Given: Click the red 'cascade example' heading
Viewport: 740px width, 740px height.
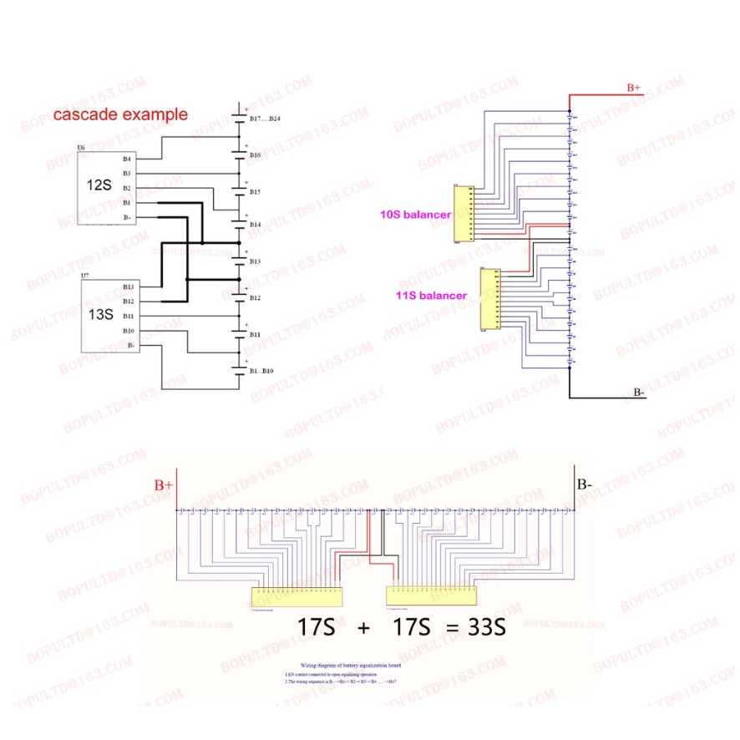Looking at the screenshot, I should [120, 115].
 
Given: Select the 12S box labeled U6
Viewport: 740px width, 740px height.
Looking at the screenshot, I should [104, 188].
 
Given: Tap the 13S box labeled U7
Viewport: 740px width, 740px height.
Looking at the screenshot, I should [104, 316].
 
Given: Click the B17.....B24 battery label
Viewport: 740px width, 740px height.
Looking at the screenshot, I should [265, 119].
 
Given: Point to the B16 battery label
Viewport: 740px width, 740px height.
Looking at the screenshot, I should [255, 155].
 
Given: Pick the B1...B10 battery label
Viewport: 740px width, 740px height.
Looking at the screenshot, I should [262, 370].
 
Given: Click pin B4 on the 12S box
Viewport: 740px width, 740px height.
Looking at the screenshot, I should [126, 158].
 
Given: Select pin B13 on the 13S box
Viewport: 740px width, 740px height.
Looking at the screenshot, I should [128, 286].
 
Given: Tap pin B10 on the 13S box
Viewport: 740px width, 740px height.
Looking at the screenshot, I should [128, 331].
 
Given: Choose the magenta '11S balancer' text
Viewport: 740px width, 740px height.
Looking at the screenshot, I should [432, 296].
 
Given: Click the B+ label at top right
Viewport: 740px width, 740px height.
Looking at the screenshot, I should [634, 87].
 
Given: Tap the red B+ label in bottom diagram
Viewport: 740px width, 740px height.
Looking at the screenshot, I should [163, 484].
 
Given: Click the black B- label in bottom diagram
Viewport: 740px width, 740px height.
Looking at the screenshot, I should [585, 484].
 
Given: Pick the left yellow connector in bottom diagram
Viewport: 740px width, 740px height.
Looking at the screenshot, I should [297, 596].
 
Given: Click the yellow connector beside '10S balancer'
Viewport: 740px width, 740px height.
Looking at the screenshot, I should [462, 214].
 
